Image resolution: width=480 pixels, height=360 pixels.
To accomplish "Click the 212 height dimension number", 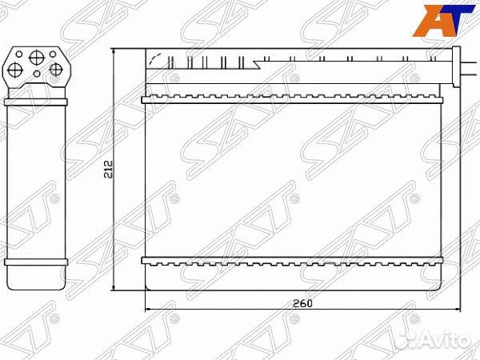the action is point(109,169).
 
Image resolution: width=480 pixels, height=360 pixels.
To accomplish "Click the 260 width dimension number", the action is point(302,303).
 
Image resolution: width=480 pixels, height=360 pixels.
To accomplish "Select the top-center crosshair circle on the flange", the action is point(37,58).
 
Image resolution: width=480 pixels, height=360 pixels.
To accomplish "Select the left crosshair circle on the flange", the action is point(14,70).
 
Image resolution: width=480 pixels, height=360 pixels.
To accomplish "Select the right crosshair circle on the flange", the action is point(56,70).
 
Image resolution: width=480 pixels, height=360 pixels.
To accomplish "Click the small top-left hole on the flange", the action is point(19,54).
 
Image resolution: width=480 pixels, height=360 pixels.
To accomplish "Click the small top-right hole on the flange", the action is point(53,54).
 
